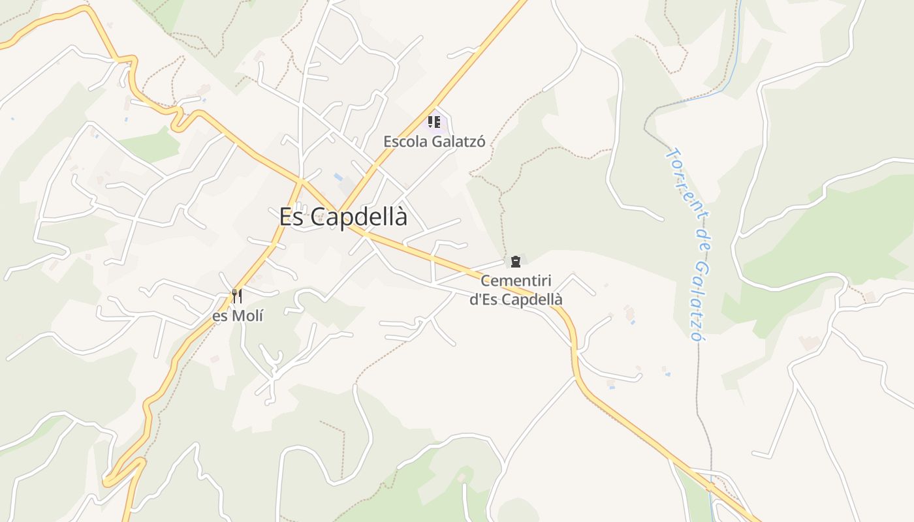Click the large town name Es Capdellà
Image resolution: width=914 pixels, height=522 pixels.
[343, 217]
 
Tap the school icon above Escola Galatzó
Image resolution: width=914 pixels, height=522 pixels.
[434, 121]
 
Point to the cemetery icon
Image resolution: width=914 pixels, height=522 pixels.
[516, 262]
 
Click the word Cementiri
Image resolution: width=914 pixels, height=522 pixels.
[516, 281]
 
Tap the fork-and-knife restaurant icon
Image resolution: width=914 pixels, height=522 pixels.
[237, 296]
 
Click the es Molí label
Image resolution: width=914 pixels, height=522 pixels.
[238, 316]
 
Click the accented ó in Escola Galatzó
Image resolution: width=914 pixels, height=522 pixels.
[481, 142]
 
